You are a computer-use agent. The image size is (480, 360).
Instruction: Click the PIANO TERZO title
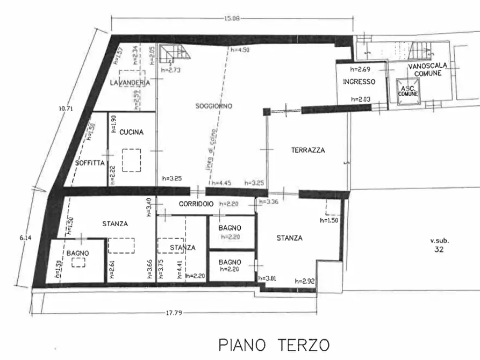click(x=274, y=344)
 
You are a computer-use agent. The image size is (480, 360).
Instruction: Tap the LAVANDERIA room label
click(x=129, y=83)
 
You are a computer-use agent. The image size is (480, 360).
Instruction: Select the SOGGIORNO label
click(x=213, y=106)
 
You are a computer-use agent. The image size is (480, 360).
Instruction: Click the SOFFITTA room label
click(x=90, y=163)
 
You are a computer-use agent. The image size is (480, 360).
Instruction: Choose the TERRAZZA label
click(x=308, y=150)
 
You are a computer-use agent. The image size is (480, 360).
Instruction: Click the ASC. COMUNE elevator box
click(x=408, y=90)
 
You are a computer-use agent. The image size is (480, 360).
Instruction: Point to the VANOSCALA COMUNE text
click(x=427, y=69)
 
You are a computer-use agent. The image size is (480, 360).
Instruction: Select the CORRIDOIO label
click(x=197, y=204)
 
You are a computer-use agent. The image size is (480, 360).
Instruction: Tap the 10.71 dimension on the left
click(x=66, y=108)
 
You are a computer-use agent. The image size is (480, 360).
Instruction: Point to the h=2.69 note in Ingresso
click(x=361, y=69)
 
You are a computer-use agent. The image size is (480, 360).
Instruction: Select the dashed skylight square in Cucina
click(x=131, y=160)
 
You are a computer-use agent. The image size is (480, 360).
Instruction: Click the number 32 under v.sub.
click(x=439, y=249)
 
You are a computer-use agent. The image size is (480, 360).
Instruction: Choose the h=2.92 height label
click(x=304, y=280)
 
